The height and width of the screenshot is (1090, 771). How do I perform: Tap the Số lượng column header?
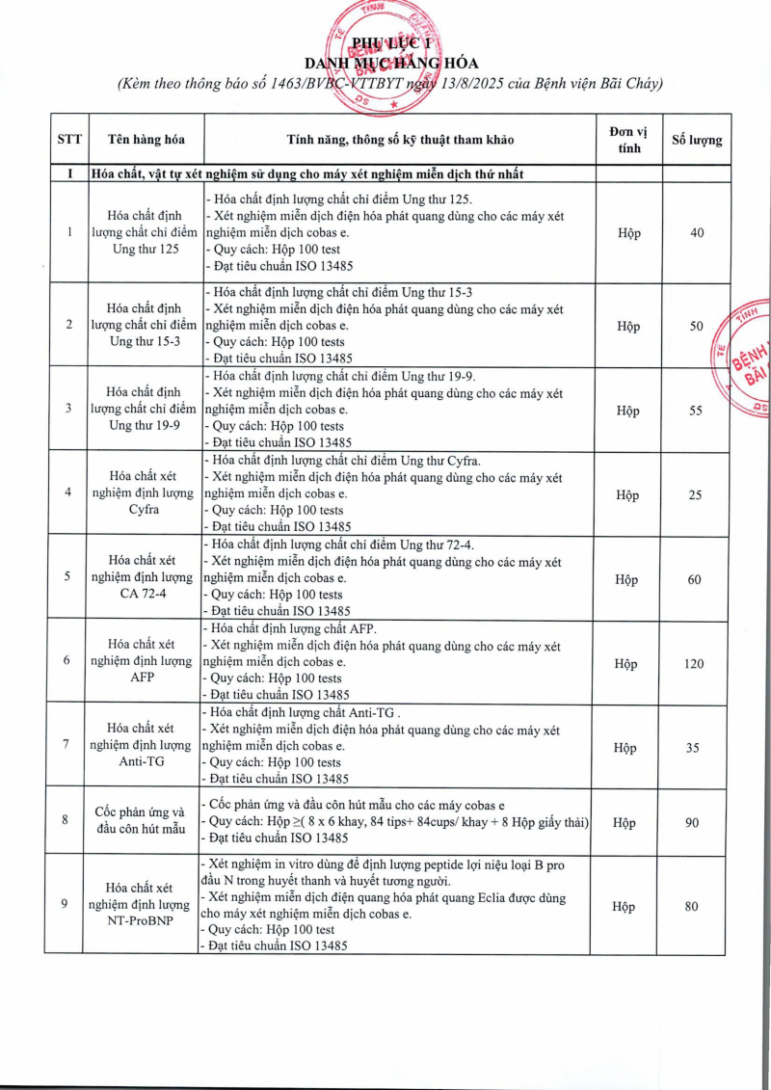pyautogui.click(x=696, y=139)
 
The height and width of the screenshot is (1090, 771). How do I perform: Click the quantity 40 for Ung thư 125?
pyautogui.click(x=697, y=233)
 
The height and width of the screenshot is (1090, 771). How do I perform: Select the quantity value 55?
pyautogui.click(x=696, y=411)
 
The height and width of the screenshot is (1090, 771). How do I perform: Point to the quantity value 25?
pyautogui.click(x=696, y=494)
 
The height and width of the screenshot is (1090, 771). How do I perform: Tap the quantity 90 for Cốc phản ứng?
pyautogui.click(x=695, y=822)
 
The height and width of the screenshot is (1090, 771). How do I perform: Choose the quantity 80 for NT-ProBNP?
pyautogui.click(x=695, y=906)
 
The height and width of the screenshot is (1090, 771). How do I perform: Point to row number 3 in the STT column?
pyautogui.click(x=67, y=408)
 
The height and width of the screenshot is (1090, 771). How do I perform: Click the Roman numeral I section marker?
pyautogui.click(x=68, y=173)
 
